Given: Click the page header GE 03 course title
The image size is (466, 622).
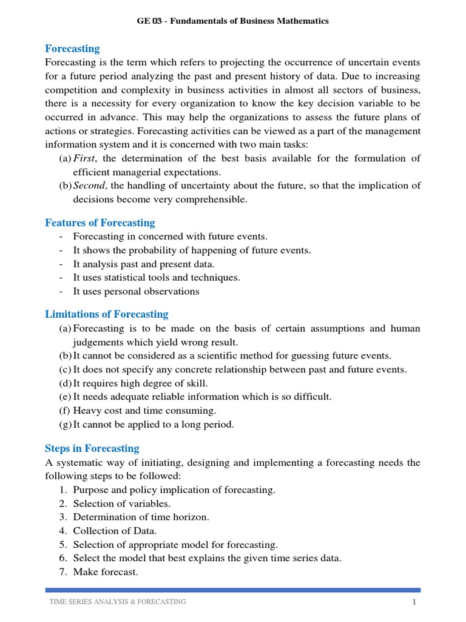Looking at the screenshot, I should click(x=232, y=21).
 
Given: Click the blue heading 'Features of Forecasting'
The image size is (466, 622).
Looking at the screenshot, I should click(x=100, y=222).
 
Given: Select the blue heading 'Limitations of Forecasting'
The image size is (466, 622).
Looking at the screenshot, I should click(x=107, y=314).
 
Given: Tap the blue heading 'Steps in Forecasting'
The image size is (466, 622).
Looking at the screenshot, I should click(x=92, y=448).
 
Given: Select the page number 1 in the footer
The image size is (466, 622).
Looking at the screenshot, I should click(x=413, y=602).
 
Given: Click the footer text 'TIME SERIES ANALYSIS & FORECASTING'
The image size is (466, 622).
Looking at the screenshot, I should click(x=118, y=601).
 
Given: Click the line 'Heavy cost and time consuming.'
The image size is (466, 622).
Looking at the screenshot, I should click(x=144, y=411).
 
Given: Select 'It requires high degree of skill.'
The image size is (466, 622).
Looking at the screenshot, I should click(x=140, y=383).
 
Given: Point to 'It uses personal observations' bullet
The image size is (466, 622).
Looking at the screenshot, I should click(x=136, y=291).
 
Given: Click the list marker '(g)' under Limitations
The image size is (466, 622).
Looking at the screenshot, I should click(x=66, y=425).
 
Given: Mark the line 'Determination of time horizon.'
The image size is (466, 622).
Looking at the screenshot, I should click(x=141, y=517).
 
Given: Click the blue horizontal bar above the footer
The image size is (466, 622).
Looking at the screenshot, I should click(x=233, y=589).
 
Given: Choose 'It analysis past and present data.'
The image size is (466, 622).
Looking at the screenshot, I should click(x=144, y=264).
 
